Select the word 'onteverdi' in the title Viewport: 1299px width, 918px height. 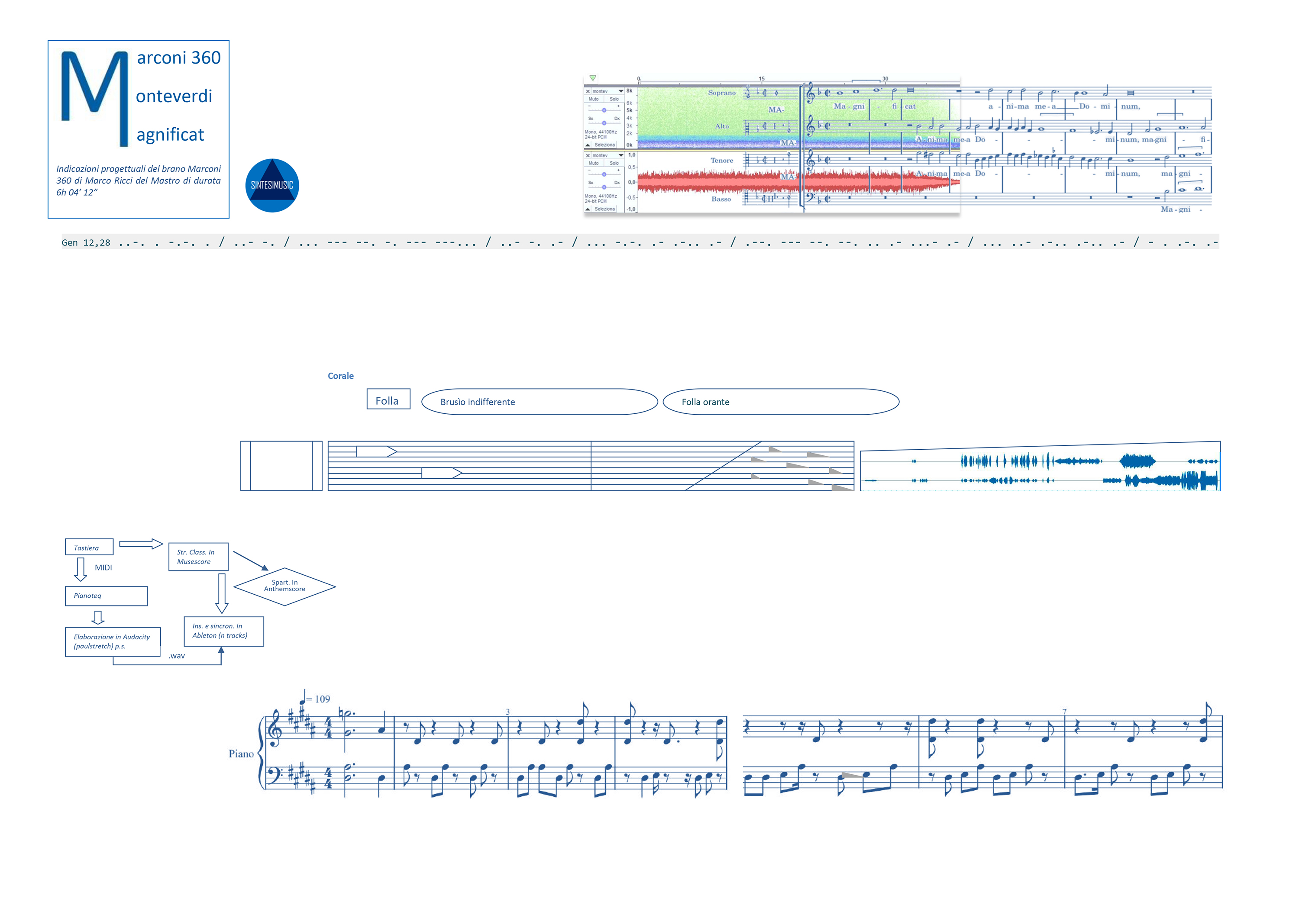(x=174, y=96)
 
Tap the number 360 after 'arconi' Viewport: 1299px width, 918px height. (x=206, y=58)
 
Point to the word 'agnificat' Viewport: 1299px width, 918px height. (x=170, y=135)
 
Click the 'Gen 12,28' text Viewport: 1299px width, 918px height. (x=86, y=243)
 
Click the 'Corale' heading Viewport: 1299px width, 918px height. (x=341, y=376)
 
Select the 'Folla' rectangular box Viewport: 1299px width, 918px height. (x=388, y=400)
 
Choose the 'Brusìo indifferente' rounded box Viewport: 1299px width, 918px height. (x=539, y=402)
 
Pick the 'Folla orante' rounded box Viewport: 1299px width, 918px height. (x=780, y=402)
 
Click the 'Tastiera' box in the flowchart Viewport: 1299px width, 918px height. (x=89, y=547)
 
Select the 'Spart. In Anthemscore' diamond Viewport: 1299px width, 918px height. (x=284, y=586)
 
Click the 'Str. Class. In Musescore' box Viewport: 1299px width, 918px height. (x=198, y=557)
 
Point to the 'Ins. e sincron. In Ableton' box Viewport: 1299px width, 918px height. (x=223, y=631)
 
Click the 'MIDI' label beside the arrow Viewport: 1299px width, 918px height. (x=103, y=567)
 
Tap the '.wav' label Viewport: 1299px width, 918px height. (x=177, y=656)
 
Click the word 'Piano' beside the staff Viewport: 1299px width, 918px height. (x=241, y=754)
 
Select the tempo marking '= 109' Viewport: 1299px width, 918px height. (x=317, y=699)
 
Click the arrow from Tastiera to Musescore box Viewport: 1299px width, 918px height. (x=141, y=544)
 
